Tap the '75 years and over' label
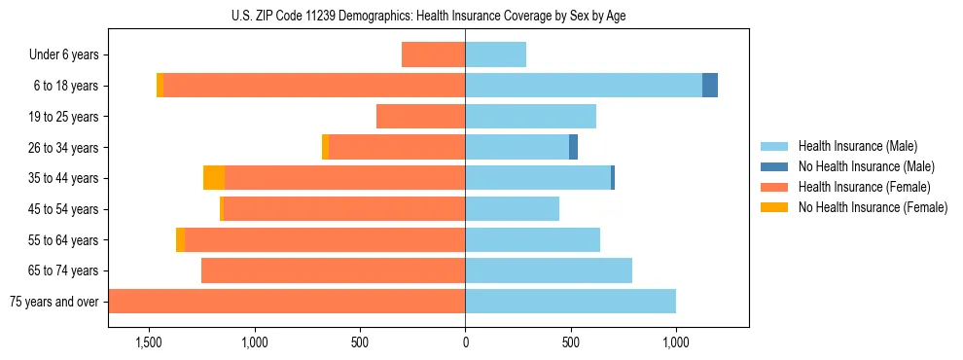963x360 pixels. coord(54,302)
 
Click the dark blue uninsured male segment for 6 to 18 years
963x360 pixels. coord(710,86)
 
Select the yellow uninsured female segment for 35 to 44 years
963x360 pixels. coord(214,178)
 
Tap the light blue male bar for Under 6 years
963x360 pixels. coord(496,55)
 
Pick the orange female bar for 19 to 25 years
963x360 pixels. coord(420,117)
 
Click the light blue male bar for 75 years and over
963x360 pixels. coord(571,302)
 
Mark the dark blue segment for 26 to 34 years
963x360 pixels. coord(574,148)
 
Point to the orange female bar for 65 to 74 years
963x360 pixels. coord(333,270)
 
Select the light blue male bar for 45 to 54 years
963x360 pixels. coord(513,209)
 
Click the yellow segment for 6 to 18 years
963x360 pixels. coord(160,86)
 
